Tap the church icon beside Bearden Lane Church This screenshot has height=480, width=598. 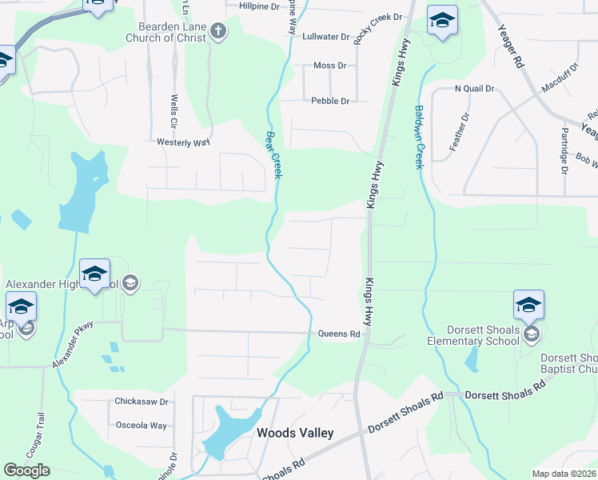point(217,31)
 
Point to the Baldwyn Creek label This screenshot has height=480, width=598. point(417,138)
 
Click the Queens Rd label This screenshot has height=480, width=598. point(335,334)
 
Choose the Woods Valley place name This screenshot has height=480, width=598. point(294,433)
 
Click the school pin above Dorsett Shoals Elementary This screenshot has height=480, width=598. point(528,305)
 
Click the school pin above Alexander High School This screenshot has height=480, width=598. point(94,274)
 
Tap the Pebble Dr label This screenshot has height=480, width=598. point(330,101)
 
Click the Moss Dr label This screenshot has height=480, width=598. point(329,66)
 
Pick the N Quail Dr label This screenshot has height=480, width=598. point(474,89)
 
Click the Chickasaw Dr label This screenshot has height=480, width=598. point(141,402)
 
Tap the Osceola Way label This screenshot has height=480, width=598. point(142,426)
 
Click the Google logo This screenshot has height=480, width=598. point(27,470)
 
